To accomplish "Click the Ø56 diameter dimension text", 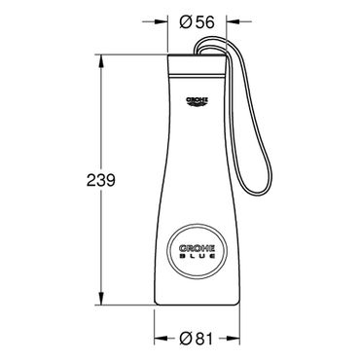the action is pos(198,22).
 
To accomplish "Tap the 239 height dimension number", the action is pos(101,180).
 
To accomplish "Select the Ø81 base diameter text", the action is pos(197,339).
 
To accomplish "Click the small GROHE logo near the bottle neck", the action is pos(197,101).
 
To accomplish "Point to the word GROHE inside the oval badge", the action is pos(197,249).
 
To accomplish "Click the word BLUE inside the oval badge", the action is pos(197,256).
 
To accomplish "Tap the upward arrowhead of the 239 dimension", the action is pos(101,61).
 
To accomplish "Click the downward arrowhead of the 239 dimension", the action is pos(101,299).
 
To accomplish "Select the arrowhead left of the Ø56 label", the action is pos(162,22).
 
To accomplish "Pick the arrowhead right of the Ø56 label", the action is pos(234,22).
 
